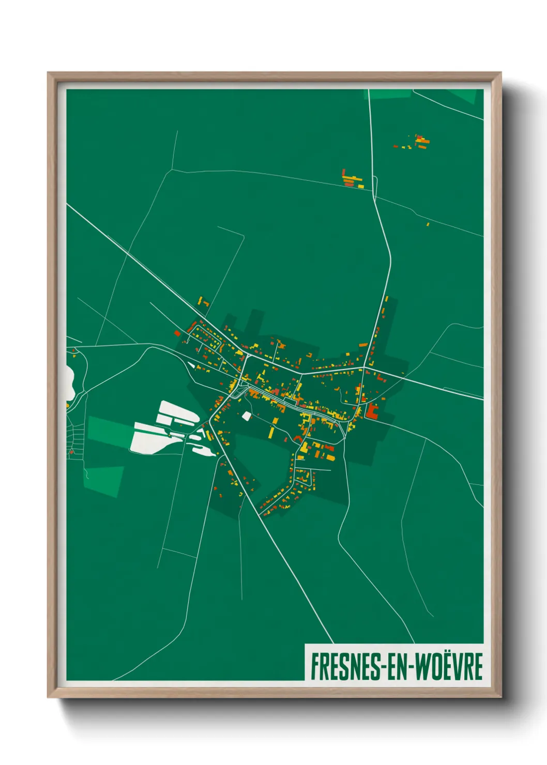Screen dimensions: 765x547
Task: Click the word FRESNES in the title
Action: pos(344,666)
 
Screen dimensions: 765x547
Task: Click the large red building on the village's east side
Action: pos(372,412)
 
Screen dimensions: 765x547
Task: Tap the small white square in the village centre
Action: pos(246,415)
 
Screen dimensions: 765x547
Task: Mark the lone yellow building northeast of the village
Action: pos(428,224)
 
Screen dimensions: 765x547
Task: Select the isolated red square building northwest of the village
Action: pos(177,333)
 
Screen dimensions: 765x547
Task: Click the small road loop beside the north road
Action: pos(375,184)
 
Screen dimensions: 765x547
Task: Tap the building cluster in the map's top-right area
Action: pos(420,142)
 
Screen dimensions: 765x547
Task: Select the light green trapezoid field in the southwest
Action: pos(104,480)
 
